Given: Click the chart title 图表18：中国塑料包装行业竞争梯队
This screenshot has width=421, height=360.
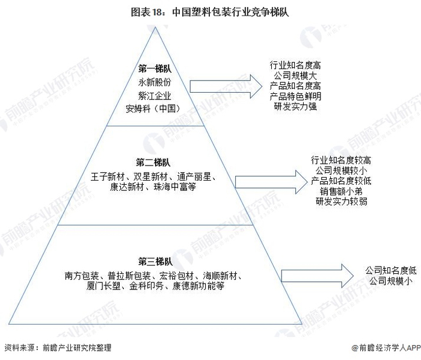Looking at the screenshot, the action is (210, 11).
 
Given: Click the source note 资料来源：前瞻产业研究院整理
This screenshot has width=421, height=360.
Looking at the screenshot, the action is (58, 348).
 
